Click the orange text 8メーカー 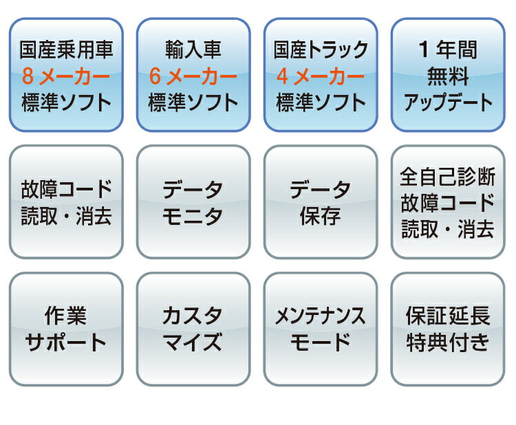(x=66, y=76)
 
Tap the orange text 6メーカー (x=193, y=76)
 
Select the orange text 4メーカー (x=321, y=76)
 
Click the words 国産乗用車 (x=66, y=50)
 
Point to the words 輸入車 (x=193, y=50)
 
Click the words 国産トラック (x=321, y=50)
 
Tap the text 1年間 (x=448, y=50)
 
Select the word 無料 (x=448, y=76)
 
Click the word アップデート (x=448, y=102)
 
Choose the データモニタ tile (x=193, y=201)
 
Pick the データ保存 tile (x=321, y=201)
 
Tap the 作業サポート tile (x=66, y=329)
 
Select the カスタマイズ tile (x=193, y=329)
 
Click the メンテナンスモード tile (x=321, y=329)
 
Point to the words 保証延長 (x=448, y=316)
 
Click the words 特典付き (x=448, y=342)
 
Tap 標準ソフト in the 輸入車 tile (x=193, y=102)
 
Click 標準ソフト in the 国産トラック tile (x=321, y=102)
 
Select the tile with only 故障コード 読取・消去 (x=66, y=201)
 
